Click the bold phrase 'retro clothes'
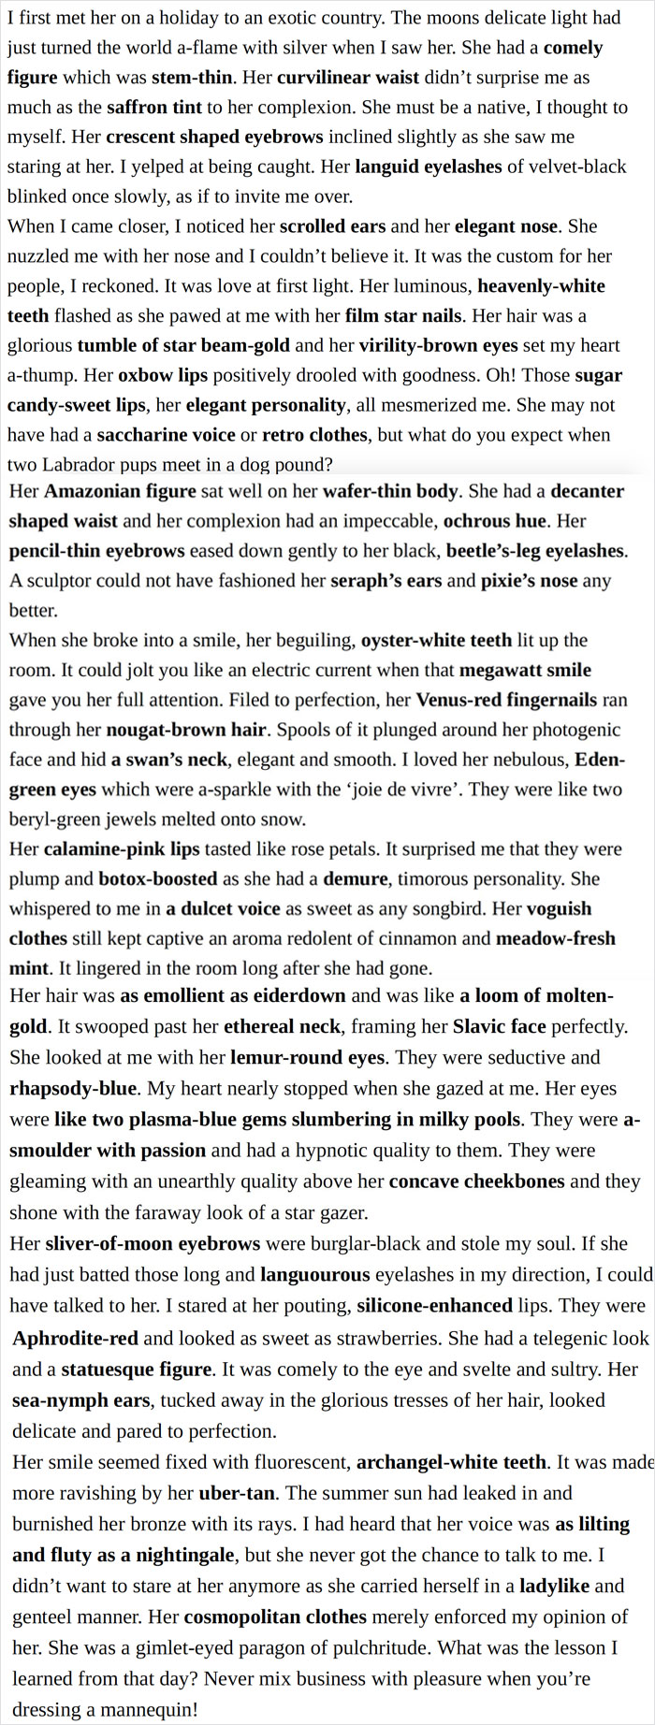(x=314, y=435)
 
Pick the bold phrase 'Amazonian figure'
(x=120, y=491)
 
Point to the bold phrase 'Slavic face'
(x=499, y=1026)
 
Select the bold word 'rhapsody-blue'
(x=73, y=1089)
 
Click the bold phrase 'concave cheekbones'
(x=476, y=1181)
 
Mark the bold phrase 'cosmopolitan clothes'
(x=275, y=1616)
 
